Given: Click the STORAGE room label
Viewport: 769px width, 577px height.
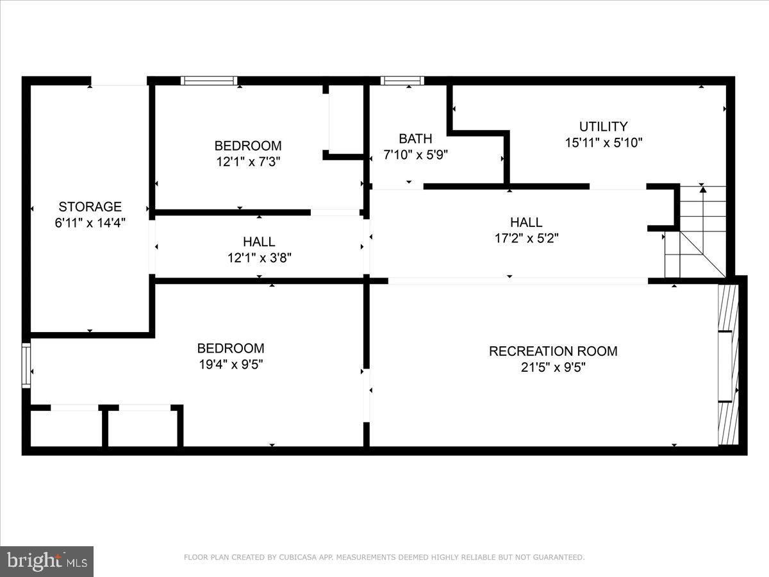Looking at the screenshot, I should tap(90, 206).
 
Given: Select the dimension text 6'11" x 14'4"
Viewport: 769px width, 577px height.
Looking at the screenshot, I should tap(90, 223).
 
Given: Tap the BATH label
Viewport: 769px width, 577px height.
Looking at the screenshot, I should tap(415, 138).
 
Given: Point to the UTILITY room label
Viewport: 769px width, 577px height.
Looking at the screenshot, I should tap(603, 126).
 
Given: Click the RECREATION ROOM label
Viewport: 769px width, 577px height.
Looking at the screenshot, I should tap(553, 351).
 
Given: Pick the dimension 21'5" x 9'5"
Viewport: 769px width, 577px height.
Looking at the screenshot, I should tap(553, 367).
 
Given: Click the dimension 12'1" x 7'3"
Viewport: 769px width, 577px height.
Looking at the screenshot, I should tap(247, 162).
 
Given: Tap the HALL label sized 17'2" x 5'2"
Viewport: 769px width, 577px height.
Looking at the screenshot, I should tap(526, 222).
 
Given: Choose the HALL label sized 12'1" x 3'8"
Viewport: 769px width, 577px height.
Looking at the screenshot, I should tap(259, 242).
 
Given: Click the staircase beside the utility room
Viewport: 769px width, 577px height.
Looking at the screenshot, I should tap(702, 231).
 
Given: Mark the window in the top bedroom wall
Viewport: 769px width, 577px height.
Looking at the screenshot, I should tap(209, 81).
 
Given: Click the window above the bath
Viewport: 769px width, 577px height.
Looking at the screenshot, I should tap(402, 81).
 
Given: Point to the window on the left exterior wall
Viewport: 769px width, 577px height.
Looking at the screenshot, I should tap(26, 365).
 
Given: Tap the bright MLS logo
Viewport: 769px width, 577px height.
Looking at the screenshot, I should tap(47, 562).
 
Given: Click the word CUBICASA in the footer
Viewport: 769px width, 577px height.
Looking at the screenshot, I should tap(297, 558).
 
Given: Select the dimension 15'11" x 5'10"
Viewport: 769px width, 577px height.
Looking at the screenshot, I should tap(603, 143).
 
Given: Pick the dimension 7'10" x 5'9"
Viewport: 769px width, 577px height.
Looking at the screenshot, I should tap(415, 155).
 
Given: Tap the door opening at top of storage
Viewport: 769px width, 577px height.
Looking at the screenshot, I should tap(119, 81).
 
